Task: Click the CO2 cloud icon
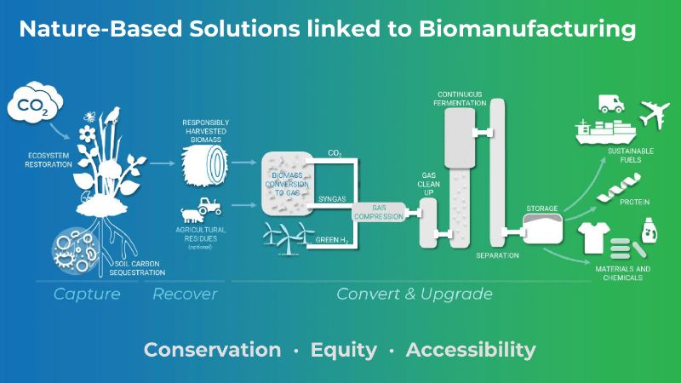pos(35,103)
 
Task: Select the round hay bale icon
pos(204,165)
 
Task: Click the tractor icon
pos(209,206)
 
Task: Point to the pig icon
pos(191,215)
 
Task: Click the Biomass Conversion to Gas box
pos(287,183)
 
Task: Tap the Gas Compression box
pos(379,212)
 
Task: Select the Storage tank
pos(542,228)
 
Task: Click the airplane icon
pos(655,114)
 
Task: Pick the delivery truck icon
pos(611,104)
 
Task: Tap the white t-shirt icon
pos(594,237)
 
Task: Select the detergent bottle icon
pos(650,231)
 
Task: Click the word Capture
pos(87,294)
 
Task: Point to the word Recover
pos(185,294)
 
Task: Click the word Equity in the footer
pos(344,350)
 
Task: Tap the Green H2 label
pos(332,240)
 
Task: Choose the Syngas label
pos(332,199)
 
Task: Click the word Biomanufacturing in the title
pos(527,29)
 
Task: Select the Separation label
pos(497,255)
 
